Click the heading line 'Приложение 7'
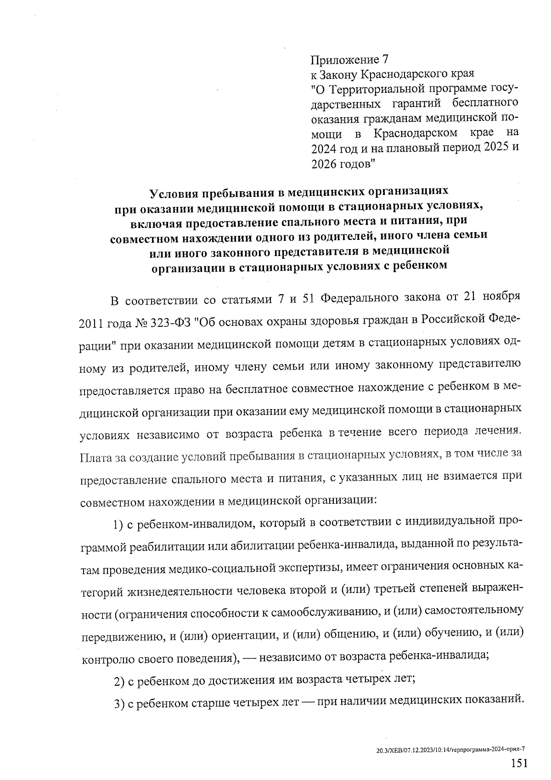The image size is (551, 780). click(x=349, y=60)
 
